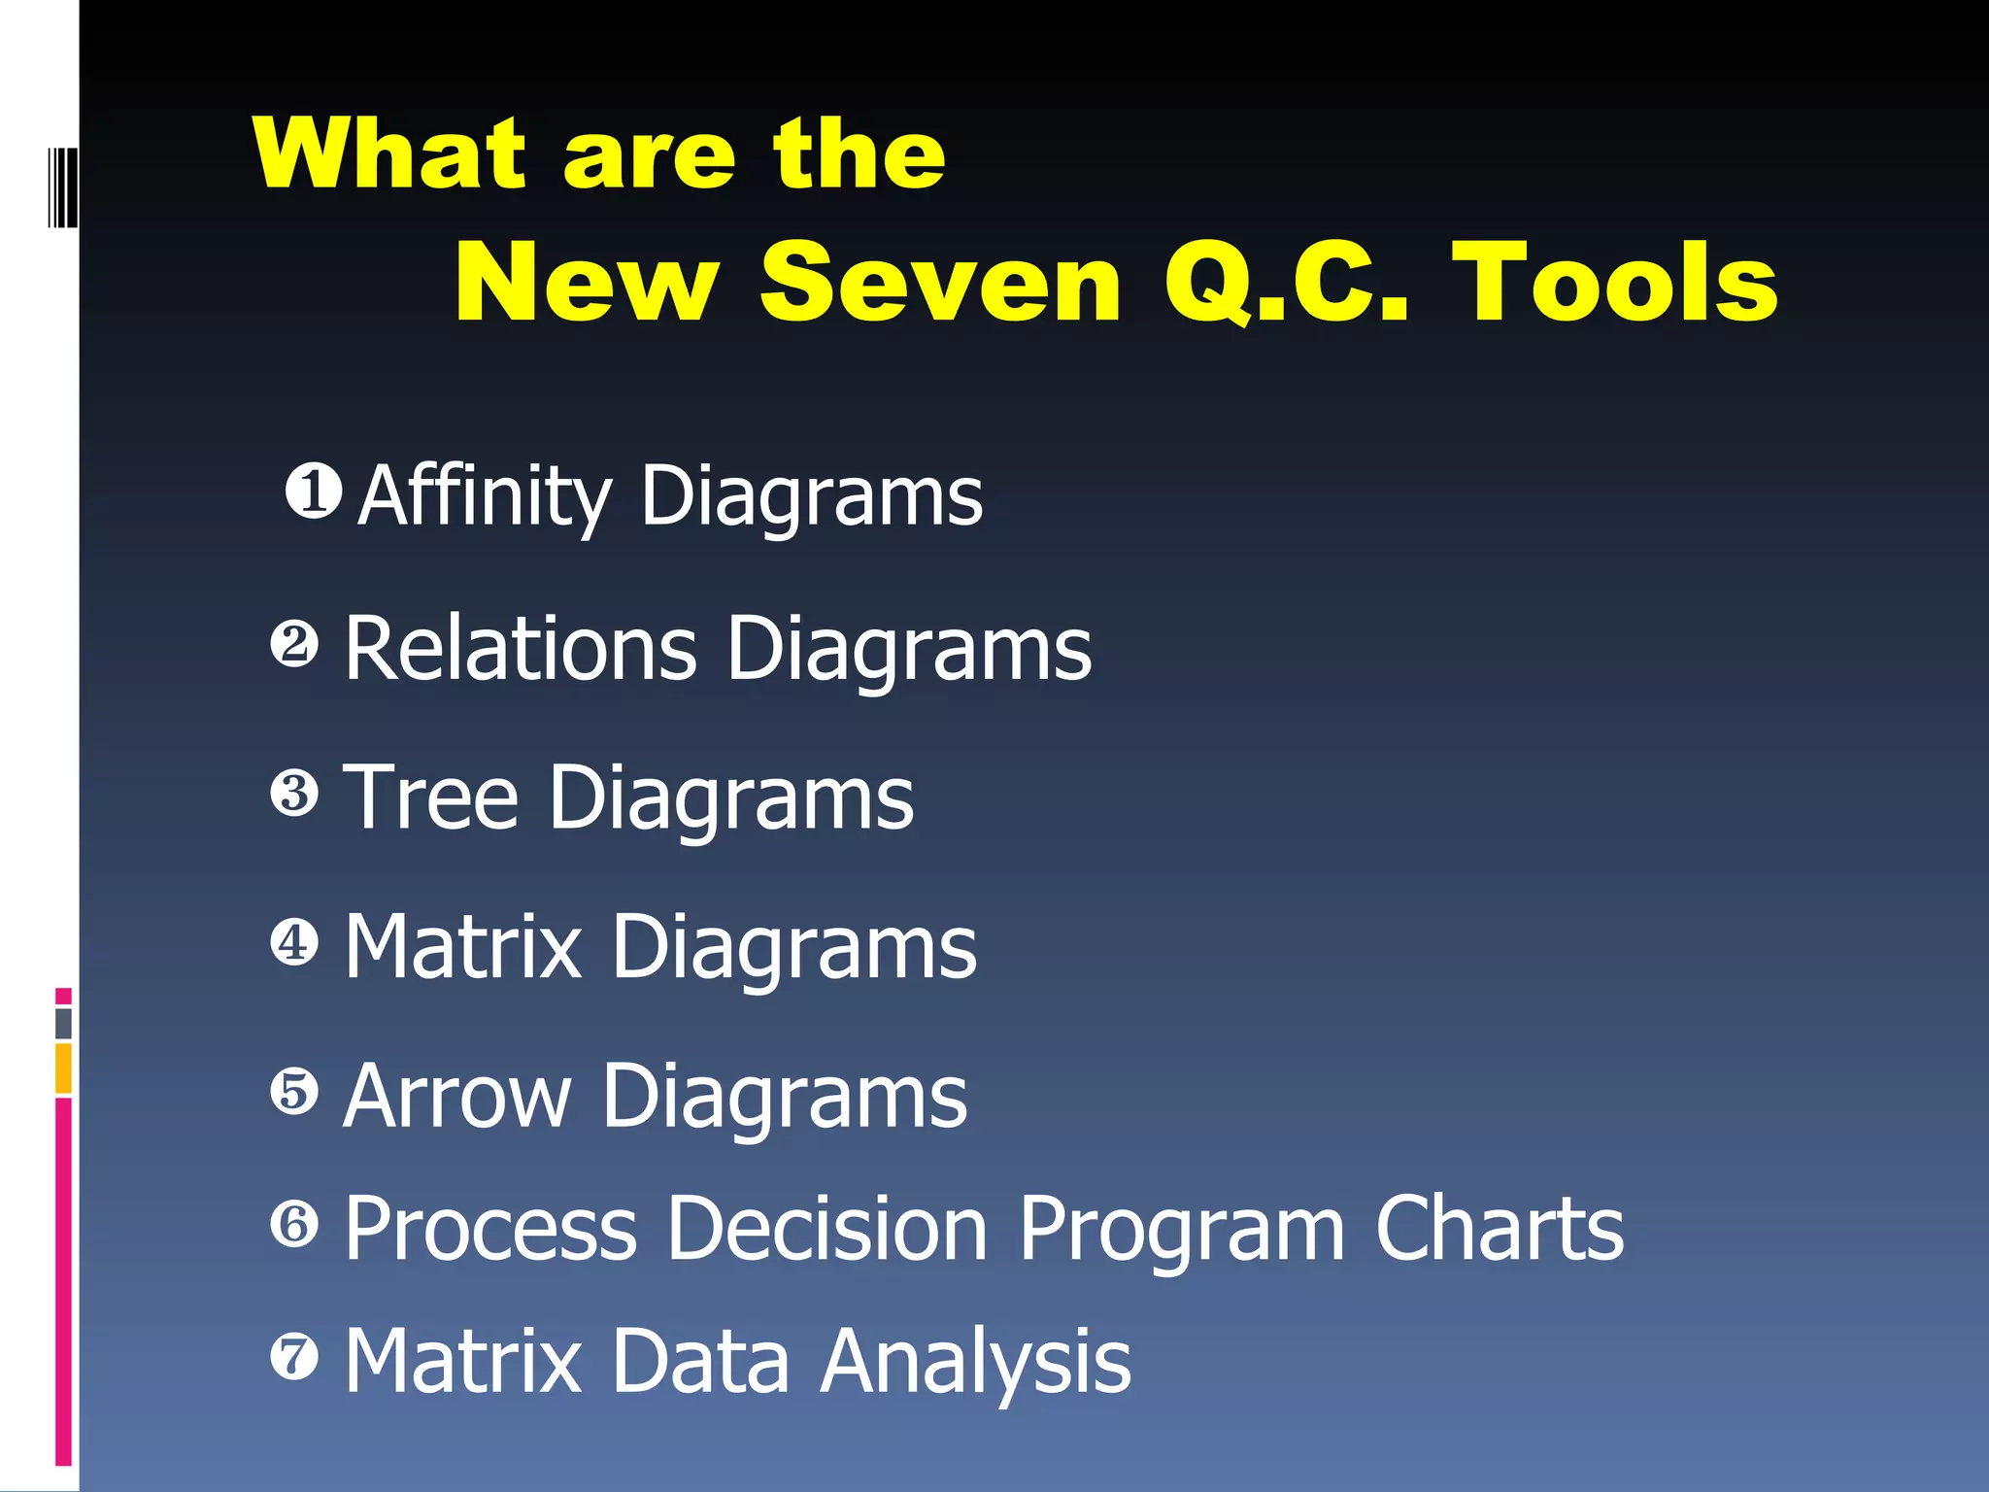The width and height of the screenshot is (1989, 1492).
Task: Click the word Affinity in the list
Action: [485, 497]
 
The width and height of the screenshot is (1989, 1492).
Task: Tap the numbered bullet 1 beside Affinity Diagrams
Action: [314, 491]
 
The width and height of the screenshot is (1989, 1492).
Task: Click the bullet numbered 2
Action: [294, 645]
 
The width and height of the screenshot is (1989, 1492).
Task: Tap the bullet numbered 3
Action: [294, 793]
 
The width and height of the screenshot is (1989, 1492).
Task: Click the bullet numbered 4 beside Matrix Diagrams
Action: [294, 942]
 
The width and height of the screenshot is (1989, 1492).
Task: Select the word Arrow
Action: [457, 1097]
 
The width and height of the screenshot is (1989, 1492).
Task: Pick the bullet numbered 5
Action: [294, 1091]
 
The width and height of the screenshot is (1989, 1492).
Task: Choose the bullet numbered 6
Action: [294, 1224]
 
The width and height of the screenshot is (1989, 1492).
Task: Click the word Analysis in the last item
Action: [975, 1362]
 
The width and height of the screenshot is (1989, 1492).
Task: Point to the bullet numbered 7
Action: [294, 1357]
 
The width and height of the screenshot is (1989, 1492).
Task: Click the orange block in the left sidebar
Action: [64, 1068]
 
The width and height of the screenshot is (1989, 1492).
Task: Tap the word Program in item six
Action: [1181, 1232]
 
